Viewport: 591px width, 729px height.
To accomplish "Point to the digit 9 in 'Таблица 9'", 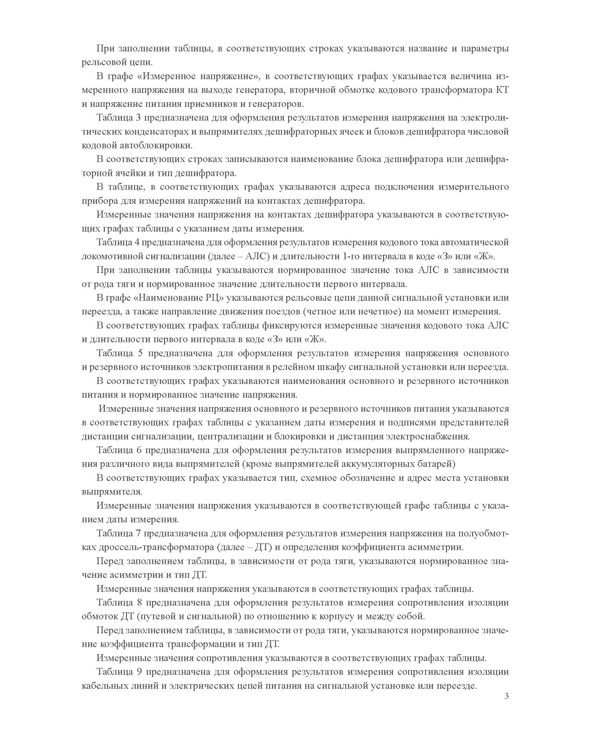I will tap(139, 672).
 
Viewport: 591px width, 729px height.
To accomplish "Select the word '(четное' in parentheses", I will tap(320, 312).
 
